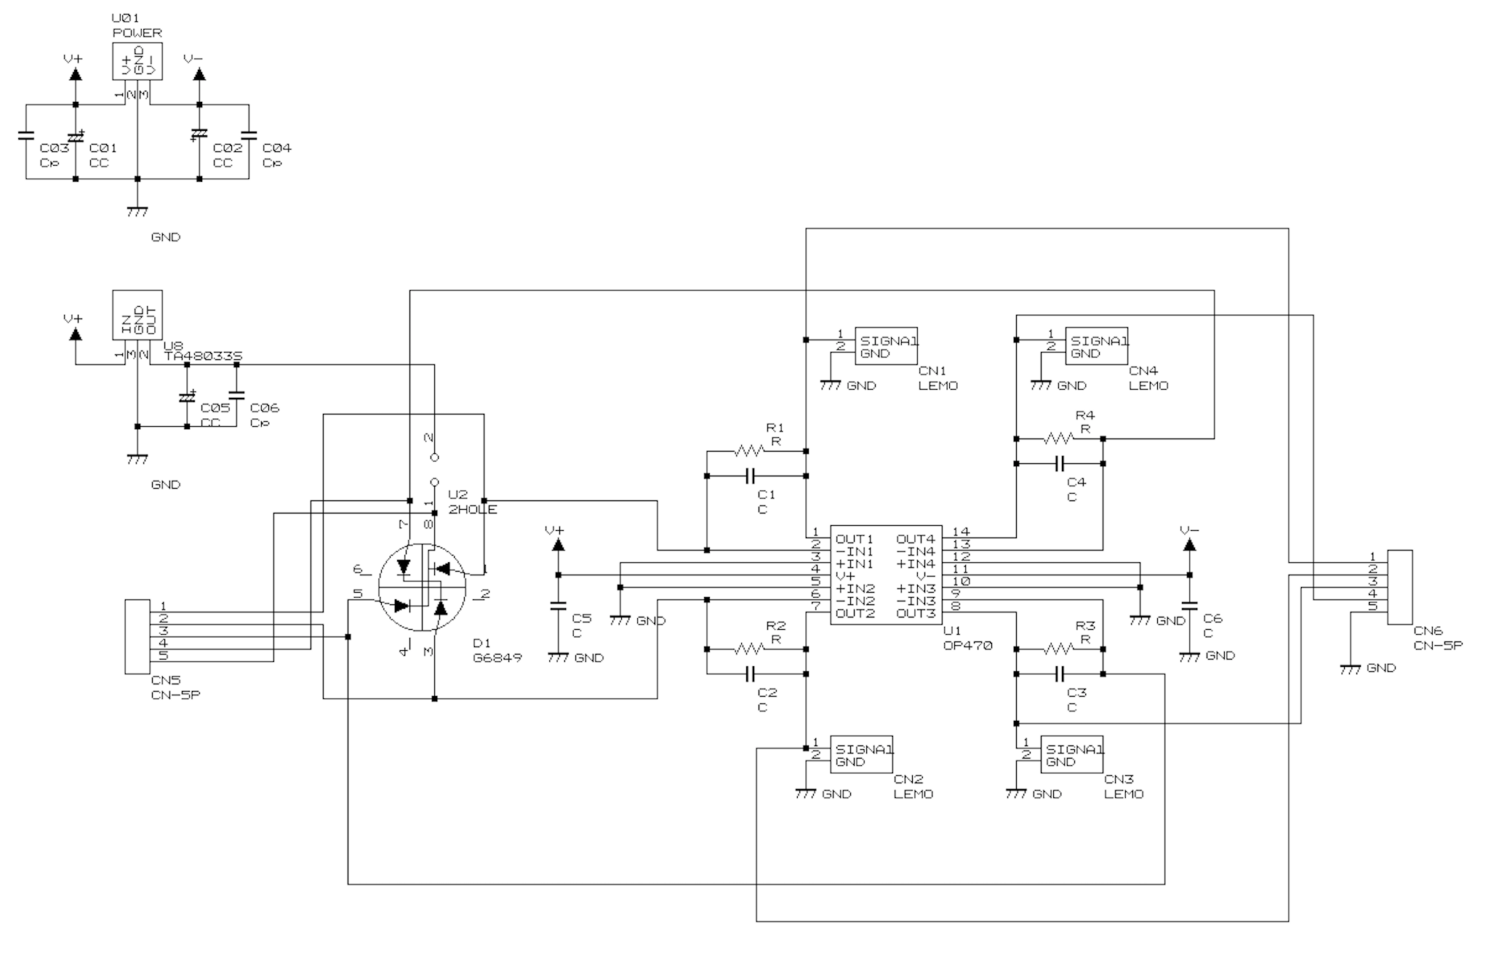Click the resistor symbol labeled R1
point(750,452)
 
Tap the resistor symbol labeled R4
point(1059,439)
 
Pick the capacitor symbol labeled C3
point(1059,674)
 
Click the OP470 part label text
point(967,645)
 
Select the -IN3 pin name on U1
point(916,601)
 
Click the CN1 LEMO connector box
point(885,346)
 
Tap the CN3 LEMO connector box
point(1071,755)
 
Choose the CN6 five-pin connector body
point(1399,587)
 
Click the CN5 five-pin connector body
point(137,636)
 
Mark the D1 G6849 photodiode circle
point(422,587)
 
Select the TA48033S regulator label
point(203,356)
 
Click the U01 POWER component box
point(137,61)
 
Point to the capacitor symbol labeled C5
point(558,605)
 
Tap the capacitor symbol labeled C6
point(1189,605)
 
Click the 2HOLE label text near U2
point(473,510)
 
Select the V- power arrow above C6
point(1189,545)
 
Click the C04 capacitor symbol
point(249,135)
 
